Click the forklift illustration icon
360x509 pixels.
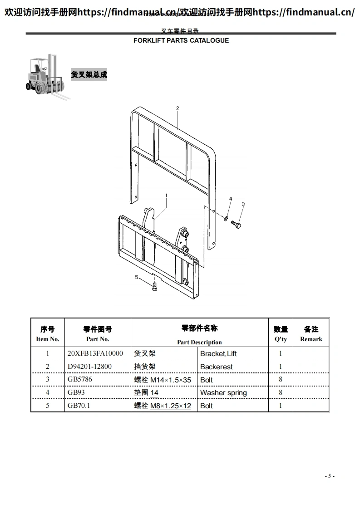[x=47, y=76]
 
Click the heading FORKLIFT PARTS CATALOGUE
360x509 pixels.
[x=181, y=40]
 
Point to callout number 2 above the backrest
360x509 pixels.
[x=178, y=108]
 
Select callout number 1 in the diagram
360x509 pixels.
[x=167, y=196]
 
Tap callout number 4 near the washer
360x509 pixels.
[x=230, y=199]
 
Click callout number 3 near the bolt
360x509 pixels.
[x=243, y=204]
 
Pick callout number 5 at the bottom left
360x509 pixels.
[x=137, y=277]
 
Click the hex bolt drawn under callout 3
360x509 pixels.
[x=236, y=224]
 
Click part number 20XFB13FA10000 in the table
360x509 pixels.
[x=95, y=353]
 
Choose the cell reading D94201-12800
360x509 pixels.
[x=89, y=367]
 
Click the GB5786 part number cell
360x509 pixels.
[x=80, y=379]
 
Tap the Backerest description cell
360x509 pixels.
[x=217, y=367]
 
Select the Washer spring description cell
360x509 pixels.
[x=223, y=392]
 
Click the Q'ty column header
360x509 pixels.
[x=281, y=334]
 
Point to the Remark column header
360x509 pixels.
[x=311, y=334]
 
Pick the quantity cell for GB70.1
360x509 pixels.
[x=281, y=406]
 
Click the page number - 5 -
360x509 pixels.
[x=330, y=476]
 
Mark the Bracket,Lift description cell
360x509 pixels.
[x=218, y=353]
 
